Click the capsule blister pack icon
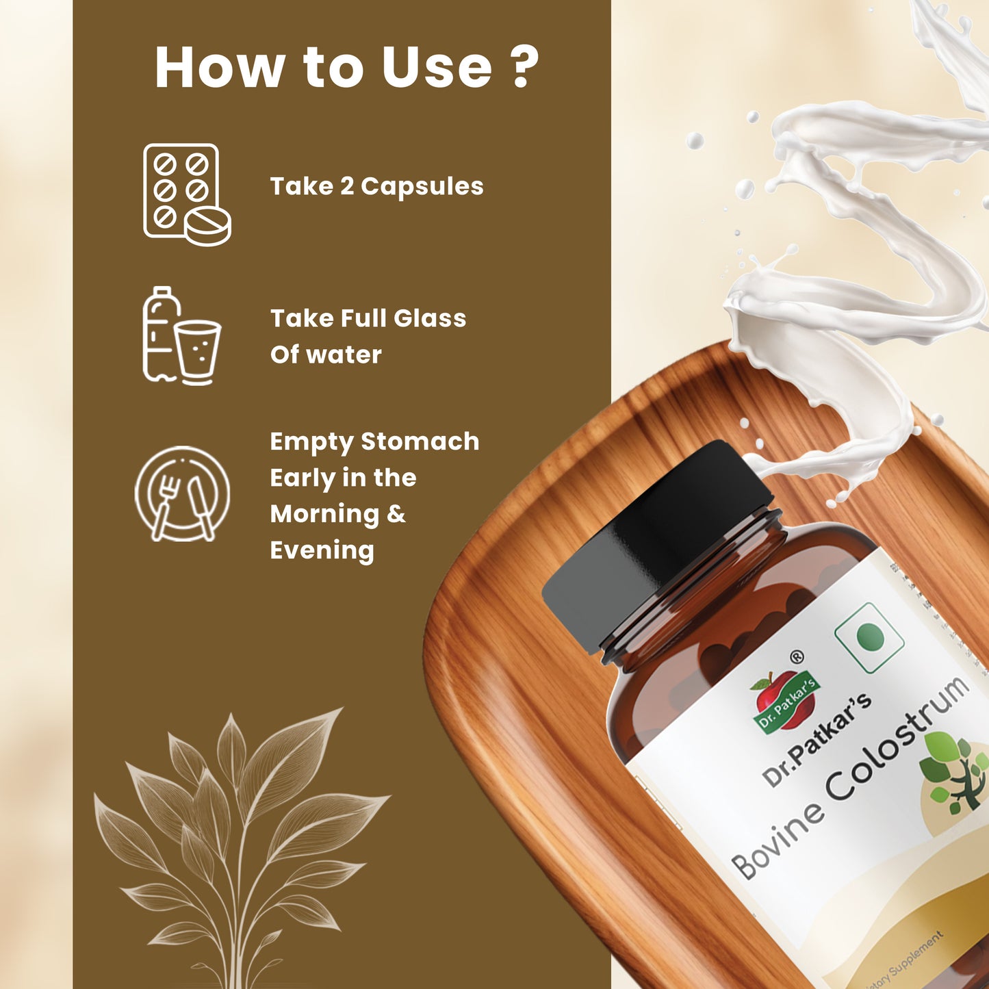(x=185, y=194)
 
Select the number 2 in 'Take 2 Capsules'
(x=347, y=186)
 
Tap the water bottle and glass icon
(x=181, y=335)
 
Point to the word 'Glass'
(x=429, y=318)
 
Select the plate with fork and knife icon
(x=182, y=494)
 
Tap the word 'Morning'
(x=324, y=514)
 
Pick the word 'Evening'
(x=322, y=550)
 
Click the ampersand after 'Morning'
(x=396, y=514)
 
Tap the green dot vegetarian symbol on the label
(x=870, y=637)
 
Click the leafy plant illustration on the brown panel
(x=240, y=842)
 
